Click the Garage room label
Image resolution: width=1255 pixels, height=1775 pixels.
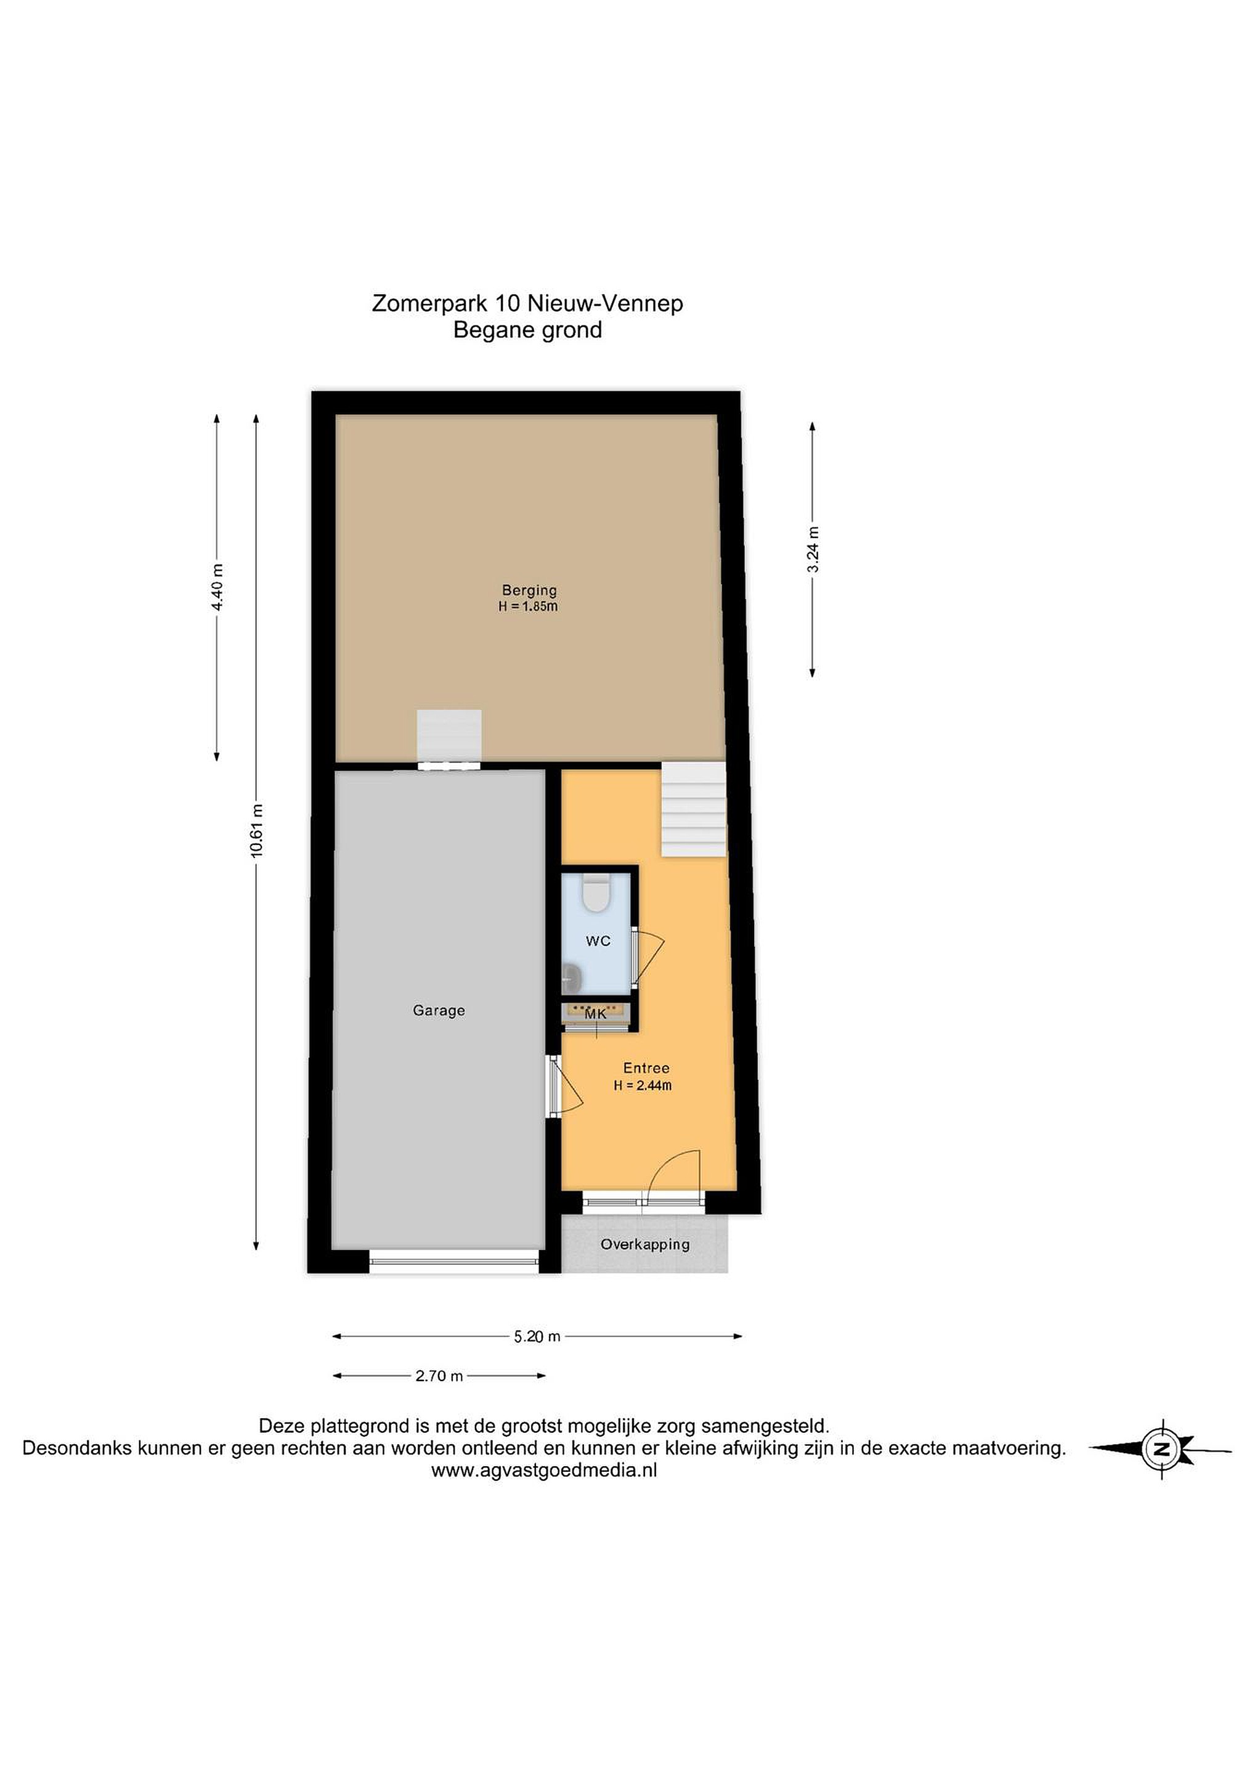pos(438,1010)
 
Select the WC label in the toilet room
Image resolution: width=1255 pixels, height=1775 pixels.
pos(598,941)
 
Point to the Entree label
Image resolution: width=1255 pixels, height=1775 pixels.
pos(646,1067)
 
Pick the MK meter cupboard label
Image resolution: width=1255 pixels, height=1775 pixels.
pos(595,1013)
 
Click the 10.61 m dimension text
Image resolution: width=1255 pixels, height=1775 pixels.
pos(258,830)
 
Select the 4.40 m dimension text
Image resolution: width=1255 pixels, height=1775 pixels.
pos(218,587)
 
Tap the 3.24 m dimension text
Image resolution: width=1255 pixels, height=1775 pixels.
pos(813,550)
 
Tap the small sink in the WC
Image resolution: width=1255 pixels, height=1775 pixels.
pos(572,977)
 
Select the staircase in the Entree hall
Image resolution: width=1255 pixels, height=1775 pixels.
pos(694,809)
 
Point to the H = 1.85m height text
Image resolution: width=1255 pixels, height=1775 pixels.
pos(528,607)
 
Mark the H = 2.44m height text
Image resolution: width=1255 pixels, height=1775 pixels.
pos(643,1085)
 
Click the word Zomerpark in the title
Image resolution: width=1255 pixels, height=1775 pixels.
pos(429,304)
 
